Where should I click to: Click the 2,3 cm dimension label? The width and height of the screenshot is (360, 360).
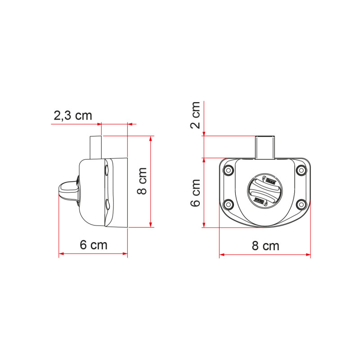(73, 116)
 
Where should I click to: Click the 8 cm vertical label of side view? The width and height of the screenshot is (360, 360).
(142, 181)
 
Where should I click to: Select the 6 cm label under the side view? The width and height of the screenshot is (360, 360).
(94, 245)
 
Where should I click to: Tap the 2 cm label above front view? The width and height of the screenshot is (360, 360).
(196, 115)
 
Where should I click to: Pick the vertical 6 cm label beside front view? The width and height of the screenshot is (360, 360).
(196, 193)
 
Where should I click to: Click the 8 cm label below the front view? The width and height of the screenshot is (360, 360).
(265, 246)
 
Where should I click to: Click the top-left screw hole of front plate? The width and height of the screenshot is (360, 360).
(228, 170)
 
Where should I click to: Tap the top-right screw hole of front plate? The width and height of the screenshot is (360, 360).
(301, 170)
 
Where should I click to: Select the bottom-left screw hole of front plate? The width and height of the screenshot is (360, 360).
(228, 205)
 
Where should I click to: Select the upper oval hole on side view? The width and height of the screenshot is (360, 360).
(106, 170)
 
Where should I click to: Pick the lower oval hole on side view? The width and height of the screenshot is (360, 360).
(106, 205)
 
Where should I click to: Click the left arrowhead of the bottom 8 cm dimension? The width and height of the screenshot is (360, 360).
(221, 255)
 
